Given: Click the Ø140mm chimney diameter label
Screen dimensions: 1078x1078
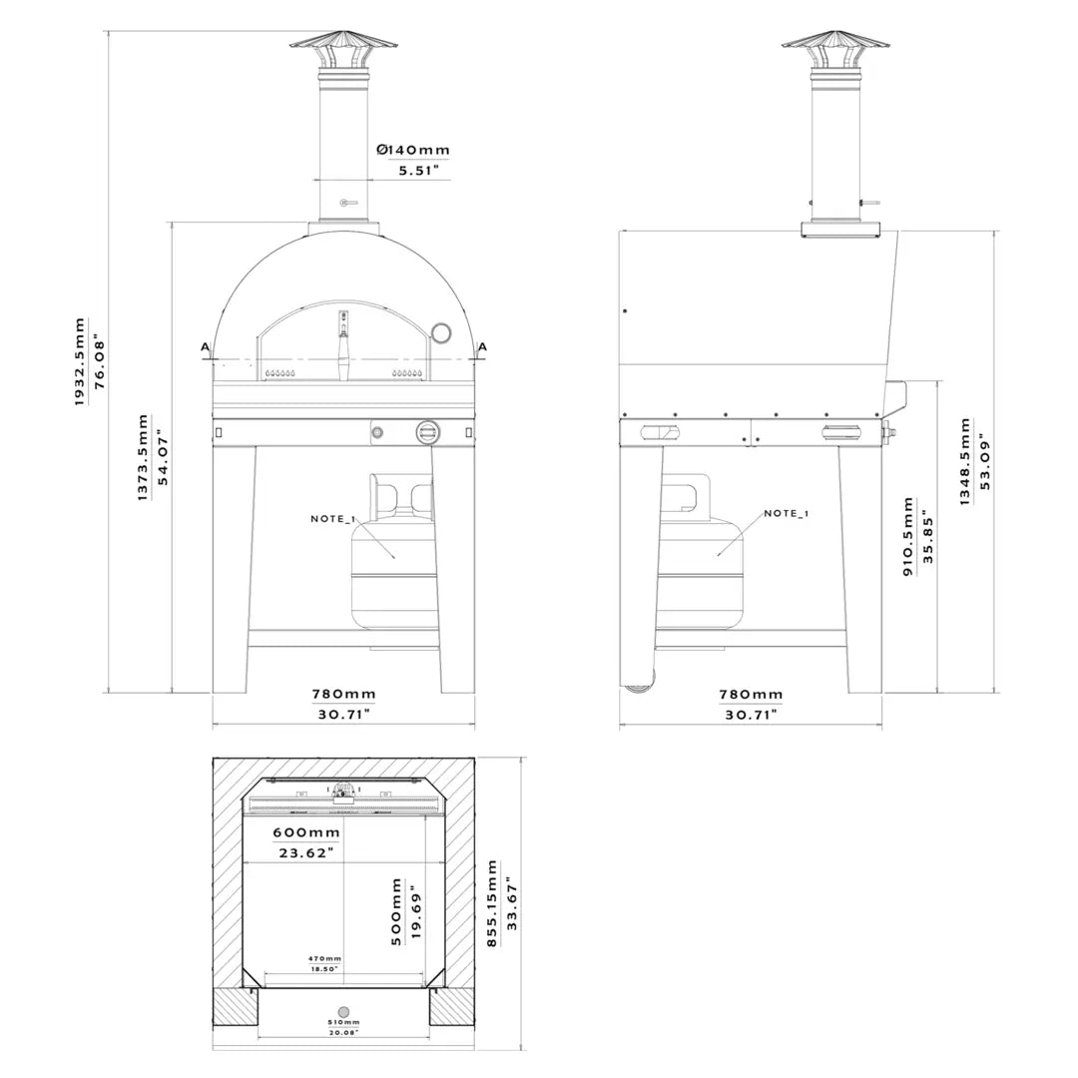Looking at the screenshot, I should tap(413, 150).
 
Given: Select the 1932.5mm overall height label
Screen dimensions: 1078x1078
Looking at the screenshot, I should tap(80, 361).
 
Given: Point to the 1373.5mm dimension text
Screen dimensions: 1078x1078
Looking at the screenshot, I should tap(143, 458).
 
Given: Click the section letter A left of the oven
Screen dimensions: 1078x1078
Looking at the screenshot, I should tap(206, 347).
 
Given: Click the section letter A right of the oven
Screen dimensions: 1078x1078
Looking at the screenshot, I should tap(482, 347).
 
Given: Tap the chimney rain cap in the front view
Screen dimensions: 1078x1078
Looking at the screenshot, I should tap(343, 42).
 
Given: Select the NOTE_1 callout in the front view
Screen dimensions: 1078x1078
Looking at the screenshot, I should tap(332, 519).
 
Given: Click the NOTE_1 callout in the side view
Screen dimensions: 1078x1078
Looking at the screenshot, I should tap(787, 513).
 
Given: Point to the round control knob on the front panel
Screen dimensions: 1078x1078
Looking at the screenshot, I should tap(428, 432).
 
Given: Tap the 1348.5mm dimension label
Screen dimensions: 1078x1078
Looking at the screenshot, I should tap(965, 461).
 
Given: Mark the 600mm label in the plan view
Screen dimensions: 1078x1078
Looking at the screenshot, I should tap(306, 832).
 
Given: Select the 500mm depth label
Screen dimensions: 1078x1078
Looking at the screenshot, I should tap(396, 911).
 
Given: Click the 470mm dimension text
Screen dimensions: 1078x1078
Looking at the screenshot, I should tap(324, 958).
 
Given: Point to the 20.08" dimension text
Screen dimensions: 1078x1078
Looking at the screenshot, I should tap(343, 1033).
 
